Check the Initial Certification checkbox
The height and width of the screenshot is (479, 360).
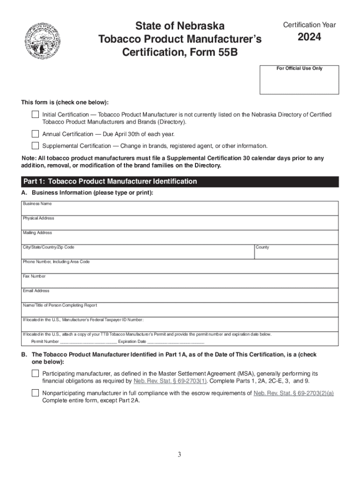point(36,114)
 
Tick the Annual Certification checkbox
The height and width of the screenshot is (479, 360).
point(36,133)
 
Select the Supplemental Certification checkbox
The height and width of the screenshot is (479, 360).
point(36,145)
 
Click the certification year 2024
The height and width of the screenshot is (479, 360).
point(309,37)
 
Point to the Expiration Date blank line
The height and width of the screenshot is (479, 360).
point(176,342)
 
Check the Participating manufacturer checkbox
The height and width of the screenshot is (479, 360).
point(36,373)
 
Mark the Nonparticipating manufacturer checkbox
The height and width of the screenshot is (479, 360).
point(36,393)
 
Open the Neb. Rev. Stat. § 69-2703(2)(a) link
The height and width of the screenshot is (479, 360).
point(294,393)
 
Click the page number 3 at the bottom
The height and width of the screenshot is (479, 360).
point(180,455)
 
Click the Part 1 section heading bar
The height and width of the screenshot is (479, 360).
point(180,181)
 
